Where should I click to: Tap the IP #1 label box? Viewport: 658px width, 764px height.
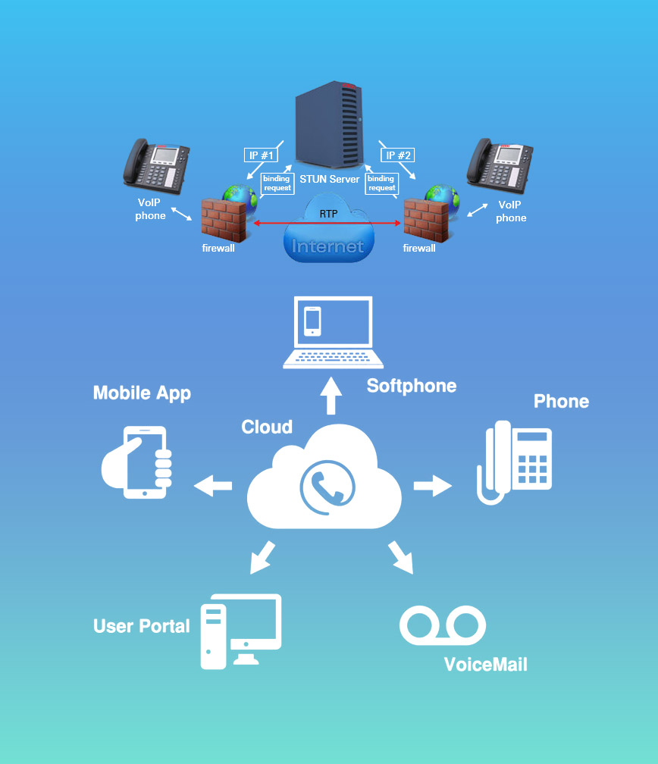click(260, 155)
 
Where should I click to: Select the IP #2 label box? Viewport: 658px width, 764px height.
click(397, 155)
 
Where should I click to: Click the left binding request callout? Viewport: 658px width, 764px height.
click(277, 183)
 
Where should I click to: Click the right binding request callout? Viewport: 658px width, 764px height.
click(381, 183)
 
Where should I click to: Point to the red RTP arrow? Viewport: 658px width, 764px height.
click(327, 223)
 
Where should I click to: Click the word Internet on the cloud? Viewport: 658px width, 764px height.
click(327, 246)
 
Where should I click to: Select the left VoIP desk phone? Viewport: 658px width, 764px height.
click(156, 164)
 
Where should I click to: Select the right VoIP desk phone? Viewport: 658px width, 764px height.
click(498, 164)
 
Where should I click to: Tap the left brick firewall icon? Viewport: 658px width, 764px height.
click(223, 218)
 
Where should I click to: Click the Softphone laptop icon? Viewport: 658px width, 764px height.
click(327, 333)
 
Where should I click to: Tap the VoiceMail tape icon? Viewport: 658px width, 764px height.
click(442, 625)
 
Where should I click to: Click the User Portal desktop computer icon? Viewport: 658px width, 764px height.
click(240, 631)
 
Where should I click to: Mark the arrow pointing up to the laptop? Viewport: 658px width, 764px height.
click(331, 396)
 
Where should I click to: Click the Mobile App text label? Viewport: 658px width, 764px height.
click(142, 393)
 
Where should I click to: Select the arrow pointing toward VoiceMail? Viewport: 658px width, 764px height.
click(401, 558)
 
